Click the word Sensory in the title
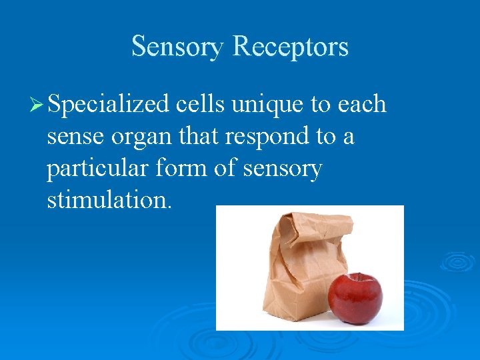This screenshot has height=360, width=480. [178, 47]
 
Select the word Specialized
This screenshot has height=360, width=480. [109, 105]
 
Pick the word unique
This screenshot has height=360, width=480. [265, 105]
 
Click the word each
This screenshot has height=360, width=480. [362, 104]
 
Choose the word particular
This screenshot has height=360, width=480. [98, 169]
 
